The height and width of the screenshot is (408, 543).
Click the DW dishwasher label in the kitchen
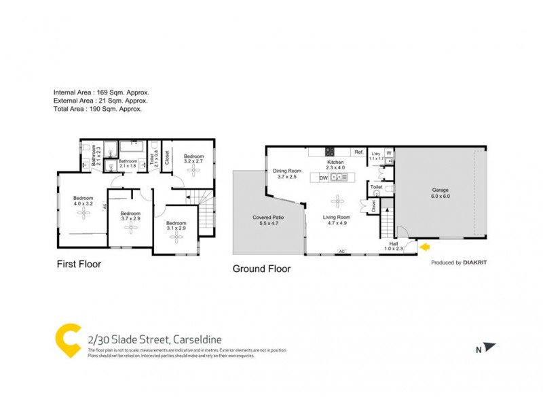click(x=324, y=177)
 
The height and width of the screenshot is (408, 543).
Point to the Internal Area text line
click(x=101, y=92)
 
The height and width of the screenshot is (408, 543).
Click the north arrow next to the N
click(x=489, y=347)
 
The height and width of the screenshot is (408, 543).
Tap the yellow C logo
click(x=68, y=340)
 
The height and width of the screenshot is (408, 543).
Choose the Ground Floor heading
click(x=261, y=269)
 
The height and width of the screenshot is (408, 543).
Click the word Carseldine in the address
click(x=197, y=339)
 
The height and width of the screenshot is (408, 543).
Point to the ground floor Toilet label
click(x=376, y=186)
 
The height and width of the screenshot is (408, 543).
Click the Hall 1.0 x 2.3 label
click(x=394, y=246)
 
